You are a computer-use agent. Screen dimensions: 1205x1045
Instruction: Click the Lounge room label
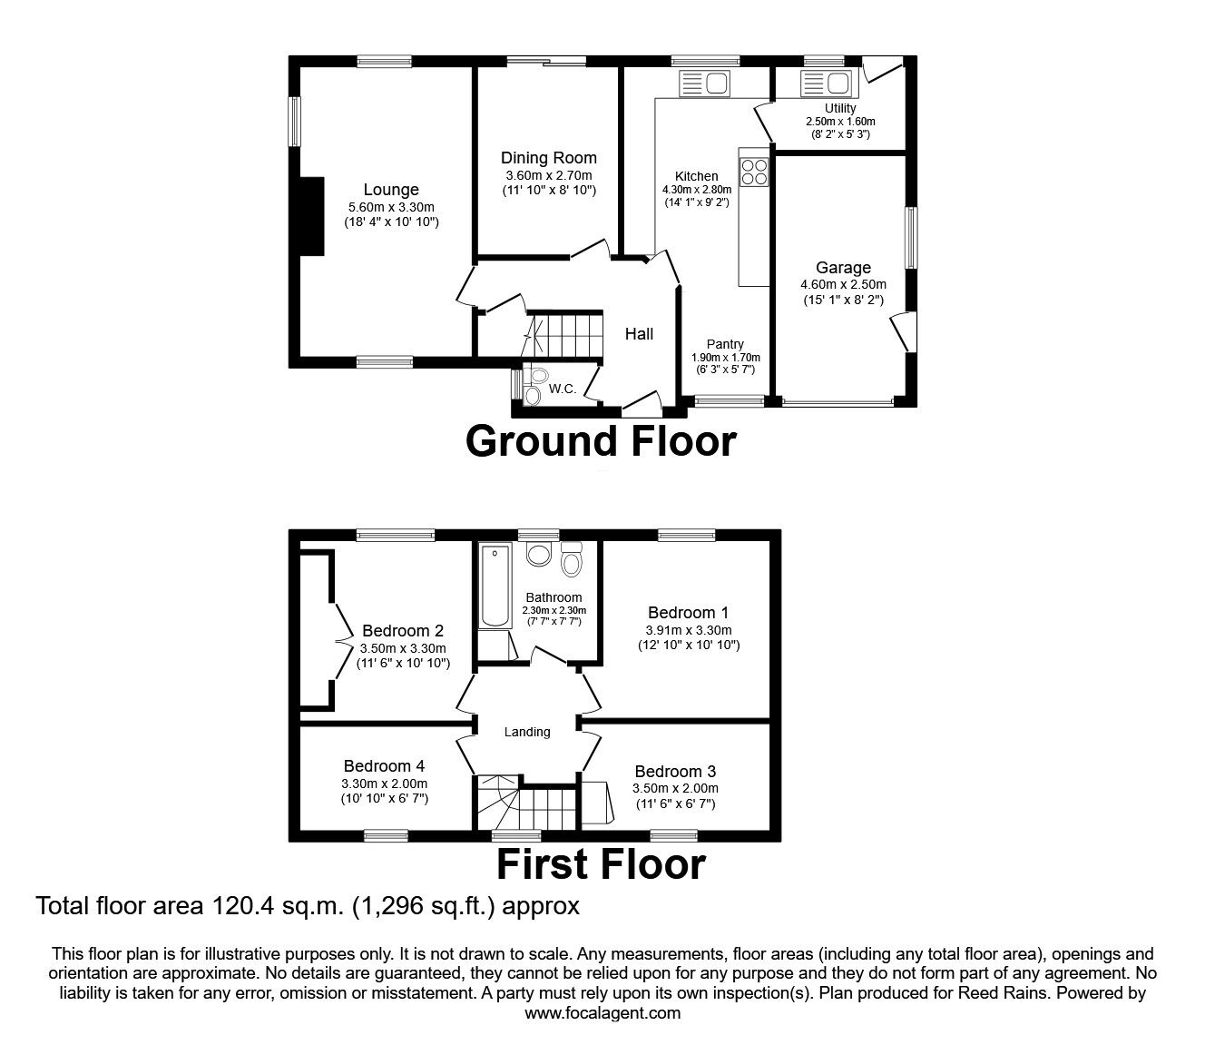[390, 190]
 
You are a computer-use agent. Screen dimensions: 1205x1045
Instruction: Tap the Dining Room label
[549, 158]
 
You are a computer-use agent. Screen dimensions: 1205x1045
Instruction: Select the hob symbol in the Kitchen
[754, 172]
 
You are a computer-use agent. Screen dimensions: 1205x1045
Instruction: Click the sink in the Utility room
[826, 84]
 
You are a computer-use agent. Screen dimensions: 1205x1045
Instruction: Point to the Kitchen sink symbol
[704, 84]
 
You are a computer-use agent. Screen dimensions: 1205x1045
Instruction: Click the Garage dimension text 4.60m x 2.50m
[843, 285]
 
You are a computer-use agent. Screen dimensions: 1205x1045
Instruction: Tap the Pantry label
[725, 344]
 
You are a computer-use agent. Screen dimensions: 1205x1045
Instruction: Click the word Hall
[639, 334]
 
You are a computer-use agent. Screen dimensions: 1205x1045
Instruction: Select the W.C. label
[562, 389]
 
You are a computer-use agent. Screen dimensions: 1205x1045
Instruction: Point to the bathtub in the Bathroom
[495, 586]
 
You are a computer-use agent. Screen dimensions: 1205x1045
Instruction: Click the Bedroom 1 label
[689, 613]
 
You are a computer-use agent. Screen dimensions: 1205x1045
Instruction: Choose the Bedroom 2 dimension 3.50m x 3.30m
[403, 648]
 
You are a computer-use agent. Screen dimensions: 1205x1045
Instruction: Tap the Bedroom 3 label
[675, 772]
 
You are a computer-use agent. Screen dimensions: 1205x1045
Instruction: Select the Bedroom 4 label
[384, 765]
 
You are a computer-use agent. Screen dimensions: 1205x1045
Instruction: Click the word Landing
[527, 733]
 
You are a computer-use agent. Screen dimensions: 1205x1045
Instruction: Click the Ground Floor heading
[601, 441]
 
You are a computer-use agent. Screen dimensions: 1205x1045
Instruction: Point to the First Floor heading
[601, 864]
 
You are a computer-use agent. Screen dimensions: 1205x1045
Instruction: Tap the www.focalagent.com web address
[602, 1013]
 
